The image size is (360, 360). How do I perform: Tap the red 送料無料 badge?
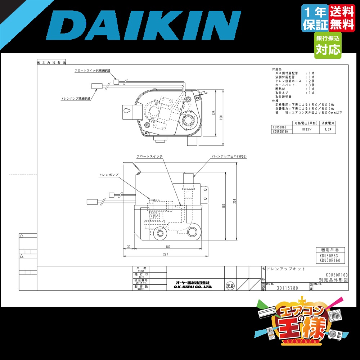[x=342, y=18]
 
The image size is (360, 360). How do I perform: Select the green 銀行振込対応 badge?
[x=328, y=45]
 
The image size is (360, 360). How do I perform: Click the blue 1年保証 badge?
[x=315, y=18]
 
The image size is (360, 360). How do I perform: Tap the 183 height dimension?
[x=224, y=206]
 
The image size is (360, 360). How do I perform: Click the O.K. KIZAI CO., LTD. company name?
[x=193, y=287]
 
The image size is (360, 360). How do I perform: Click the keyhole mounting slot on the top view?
[x=127, y=111]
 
